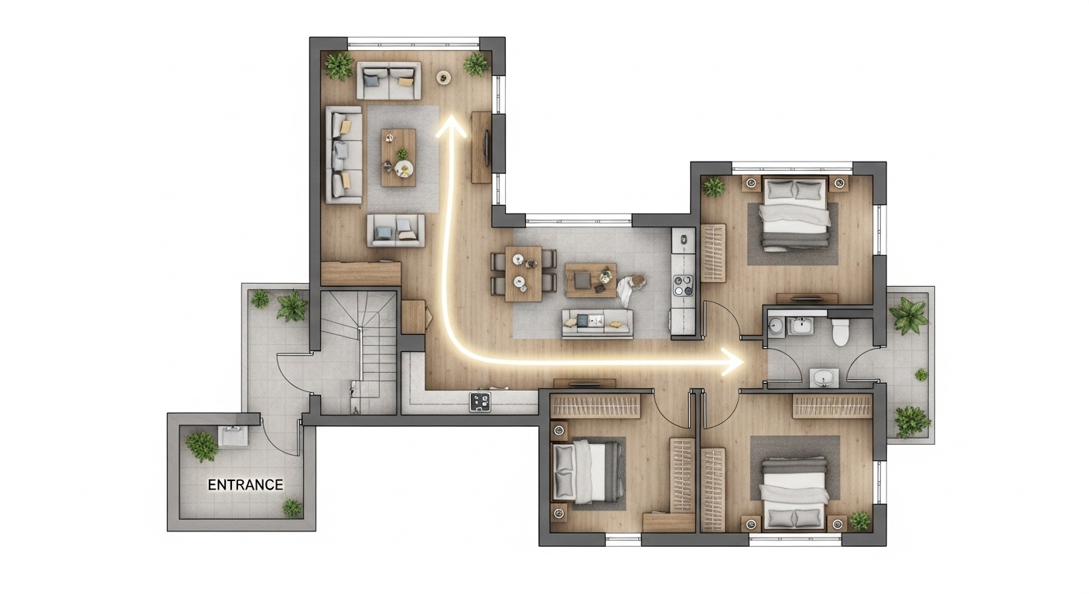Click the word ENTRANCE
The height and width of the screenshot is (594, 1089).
tap(245, 485)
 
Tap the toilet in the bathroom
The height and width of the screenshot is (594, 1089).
tap(840, 332)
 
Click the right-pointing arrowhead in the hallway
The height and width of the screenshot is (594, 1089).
tap(732, 362)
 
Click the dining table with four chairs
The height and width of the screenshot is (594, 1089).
tap(523, 274)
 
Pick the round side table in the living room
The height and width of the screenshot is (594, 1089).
tap(444, 77)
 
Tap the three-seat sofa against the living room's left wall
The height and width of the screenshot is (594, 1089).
tap(343, 155)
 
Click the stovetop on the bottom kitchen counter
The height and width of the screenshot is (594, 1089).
tap(480, 402)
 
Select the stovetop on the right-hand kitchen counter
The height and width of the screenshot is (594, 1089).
tap(683, 285)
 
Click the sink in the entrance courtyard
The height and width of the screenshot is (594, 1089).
tap(234, 436)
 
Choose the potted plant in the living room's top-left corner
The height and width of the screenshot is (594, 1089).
tap(340, 66)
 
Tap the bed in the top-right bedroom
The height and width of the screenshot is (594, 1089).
tap(795, 214)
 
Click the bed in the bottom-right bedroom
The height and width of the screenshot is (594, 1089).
tap(794, 493)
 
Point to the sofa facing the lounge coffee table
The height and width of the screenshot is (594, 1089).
tap(598, 324)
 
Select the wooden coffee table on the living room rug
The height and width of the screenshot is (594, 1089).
tap(398, 158)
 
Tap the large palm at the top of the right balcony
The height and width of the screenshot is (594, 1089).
tap(908, 316)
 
